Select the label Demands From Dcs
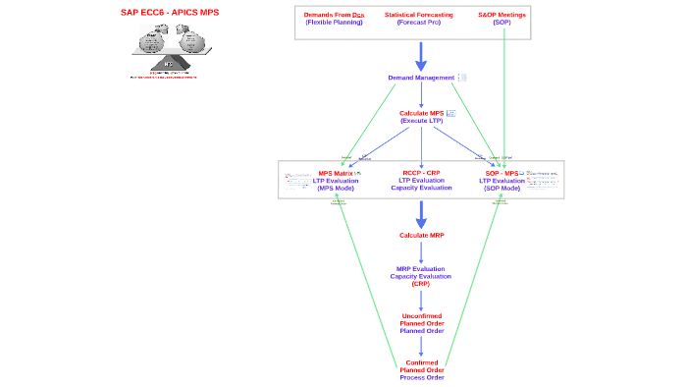click(x=334, y=15)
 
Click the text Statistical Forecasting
click(x=419, y=15)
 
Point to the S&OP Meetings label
click(x=502, y=15)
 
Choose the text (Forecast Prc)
click(x=419, y=23)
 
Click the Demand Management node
click(x=421, y=78)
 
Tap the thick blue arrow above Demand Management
click(x=421, y=56)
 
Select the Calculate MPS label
click(x=421, y=113)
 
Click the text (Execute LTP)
click(x=421, y=121)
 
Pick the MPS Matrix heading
click(x=336, y=173)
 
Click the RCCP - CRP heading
click(x=421, y=173)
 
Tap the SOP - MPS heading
click(x=502, y=173)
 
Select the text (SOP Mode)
click(x=502, y=188)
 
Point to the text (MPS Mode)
click(x=336, y=188)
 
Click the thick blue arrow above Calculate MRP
click(x=421, y=214)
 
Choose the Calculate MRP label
click(x=421, y=236)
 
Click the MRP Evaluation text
click(x=421, y=268)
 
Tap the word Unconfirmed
click(x=421, y=315)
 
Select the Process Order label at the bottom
click(x=421, y=377)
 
